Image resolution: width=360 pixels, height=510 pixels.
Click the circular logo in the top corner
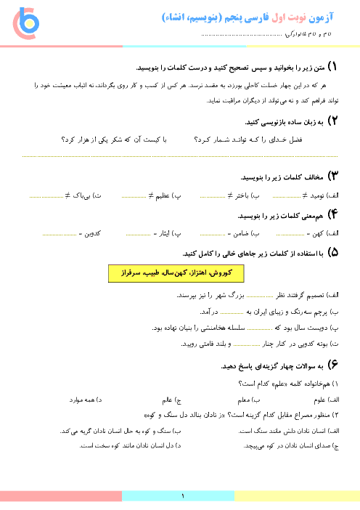tap(26, 23)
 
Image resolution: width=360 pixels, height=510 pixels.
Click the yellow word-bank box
tap(176, 273)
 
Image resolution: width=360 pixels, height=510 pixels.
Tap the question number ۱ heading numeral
tap(332, 67)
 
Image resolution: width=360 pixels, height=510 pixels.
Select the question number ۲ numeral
tap(332, 121)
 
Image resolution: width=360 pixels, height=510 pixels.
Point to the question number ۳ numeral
tap(332, 176)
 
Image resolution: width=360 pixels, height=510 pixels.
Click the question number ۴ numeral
tap(332, 214)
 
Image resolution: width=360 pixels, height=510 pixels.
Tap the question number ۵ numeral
tap(332, 252)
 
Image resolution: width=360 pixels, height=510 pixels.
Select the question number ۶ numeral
tap(332, 365)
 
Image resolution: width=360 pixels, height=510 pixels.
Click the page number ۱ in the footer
tap(183, 496)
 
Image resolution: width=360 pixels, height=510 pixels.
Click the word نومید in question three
tap(317, 196)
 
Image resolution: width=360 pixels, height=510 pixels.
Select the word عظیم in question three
tap(163, 196)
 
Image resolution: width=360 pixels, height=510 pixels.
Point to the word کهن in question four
tap(318, 233)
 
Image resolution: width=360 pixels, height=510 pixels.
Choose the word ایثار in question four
tap(165, 233)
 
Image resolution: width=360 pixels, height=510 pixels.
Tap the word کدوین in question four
tap(93, 233)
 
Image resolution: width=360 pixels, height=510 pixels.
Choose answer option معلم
tap(244, 400)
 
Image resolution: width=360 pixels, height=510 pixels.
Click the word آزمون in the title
tap(321, 17)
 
